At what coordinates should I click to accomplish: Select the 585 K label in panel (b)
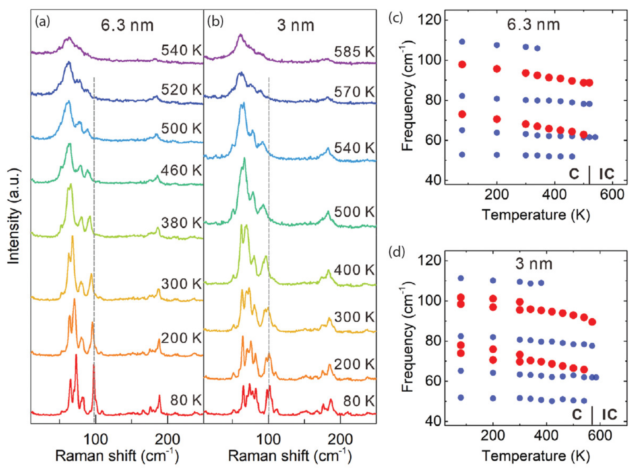[354, 52]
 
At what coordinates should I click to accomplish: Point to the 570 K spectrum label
[354, 92]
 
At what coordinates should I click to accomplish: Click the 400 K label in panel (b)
[354, 270]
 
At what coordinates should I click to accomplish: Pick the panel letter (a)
[42, 22]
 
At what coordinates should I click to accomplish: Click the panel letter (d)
[396, 252]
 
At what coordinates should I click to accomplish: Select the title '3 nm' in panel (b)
[296, 26]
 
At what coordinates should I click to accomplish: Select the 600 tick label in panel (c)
[612, 195]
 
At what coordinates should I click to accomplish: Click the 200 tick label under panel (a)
[167, 439]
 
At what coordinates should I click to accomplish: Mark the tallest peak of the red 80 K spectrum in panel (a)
[76, 356]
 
